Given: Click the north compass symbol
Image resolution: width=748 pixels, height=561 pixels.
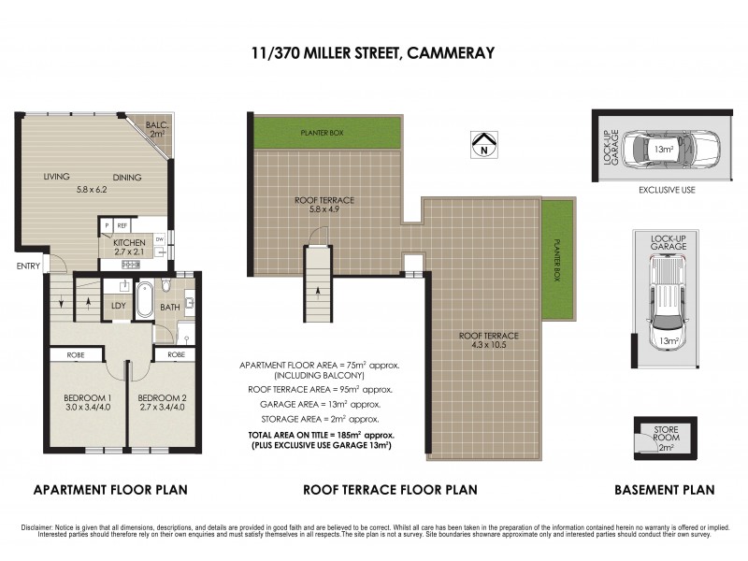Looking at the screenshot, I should coord(483,144).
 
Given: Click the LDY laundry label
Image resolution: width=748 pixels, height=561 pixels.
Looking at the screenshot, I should coord(119,306).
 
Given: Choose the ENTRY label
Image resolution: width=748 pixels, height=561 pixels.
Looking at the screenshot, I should coord(28,266).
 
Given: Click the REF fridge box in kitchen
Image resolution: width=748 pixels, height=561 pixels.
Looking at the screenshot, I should coord(122,225).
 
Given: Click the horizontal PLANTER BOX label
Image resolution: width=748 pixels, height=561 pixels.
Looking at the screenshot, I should coord(322,134).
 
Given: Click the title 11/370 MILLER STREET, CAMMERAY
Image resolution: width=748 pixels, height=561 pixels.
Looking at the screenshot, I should coord(373,53).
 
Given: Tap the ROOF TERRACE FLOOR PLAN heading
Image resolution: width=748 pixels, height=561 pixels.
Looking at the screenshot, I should coord(390,489).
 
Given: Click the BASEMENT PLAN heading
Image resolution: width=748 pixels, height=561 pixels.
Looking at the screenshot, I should coord(664,489).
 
